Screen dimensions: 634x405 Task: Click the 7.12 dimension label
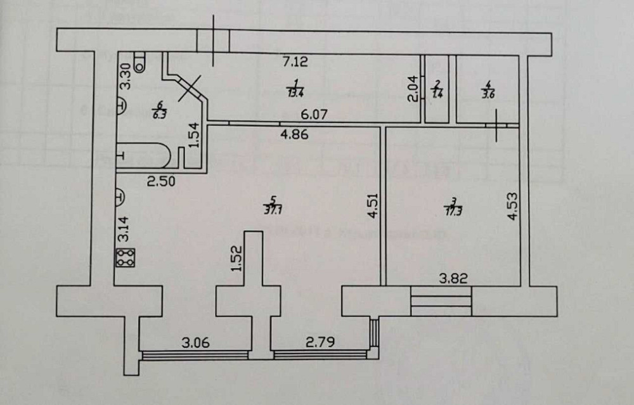(295, 61)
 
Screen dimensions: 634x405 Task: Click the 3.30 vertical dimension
(126, 75)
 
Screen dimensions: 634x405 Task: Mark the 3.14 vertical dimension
(125, 229)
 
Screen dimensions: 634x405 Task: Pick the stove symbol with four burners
(126, 258)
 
